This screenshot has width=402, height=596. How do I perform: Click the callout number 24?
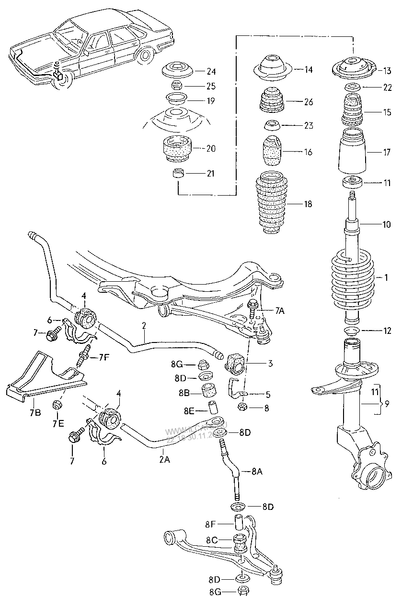click(x=211, y=72)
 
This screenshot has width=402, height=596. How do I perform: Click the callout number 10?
click(x=386, y=224)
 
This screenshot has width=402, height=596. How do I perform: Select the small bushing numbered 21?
click(x=178, y=173)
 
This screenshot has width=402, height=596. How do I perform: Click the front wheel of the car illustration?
click(x=63, y=80)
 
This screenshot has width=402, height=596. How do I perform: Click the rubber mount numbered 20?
click(x=177, y=149)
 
